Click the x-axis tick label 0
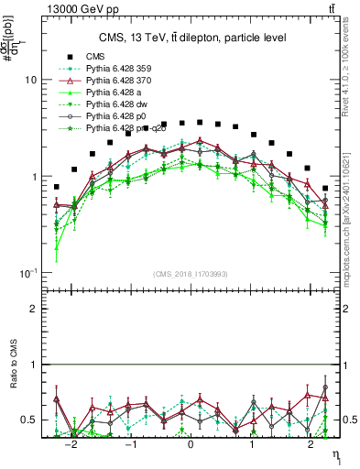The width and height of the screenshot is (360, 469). coord(191,443)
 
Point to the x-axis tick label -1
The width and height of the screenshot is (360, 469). coord(131,443)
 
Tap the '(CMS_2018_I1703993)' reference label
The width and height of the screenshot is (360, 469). coord(190,274)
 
